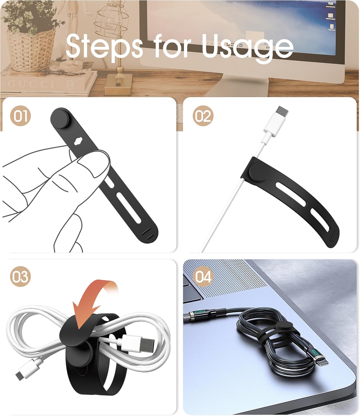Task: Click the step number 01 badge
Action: click(x=20, y=116)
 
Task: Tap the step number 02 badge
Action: click(x=203, y=116)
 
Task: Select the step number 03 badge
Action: click(x=20, y=277)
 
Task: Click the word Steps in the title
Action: click(x=104, y=46)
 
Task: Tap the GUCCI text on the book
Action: click(x=31, y=84)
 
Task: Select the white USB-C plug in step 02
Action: click(x=276, y=121)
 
